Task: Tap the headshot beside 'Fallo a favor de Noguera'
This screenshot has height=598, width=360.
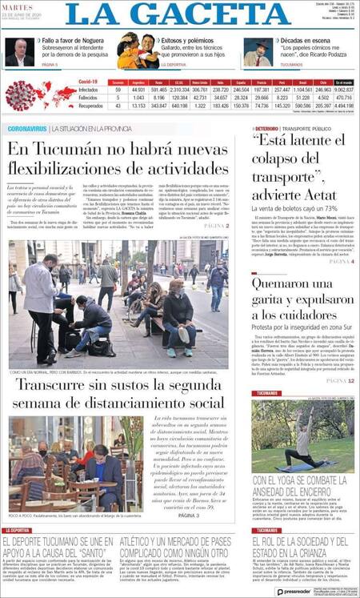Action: click(x=19, y=52)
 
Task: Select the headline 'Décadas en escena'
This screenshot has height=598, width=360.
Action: click(x=305, y=39)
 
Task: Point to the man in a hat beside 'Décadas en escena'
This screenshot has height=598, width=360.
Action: click(x=258, y=52)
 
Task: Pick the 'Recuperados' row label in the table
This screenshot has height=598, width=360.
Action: click(x=90, y=105)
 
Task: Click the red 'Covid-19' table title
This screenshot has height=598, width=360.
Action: click(x=88, y=82)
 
